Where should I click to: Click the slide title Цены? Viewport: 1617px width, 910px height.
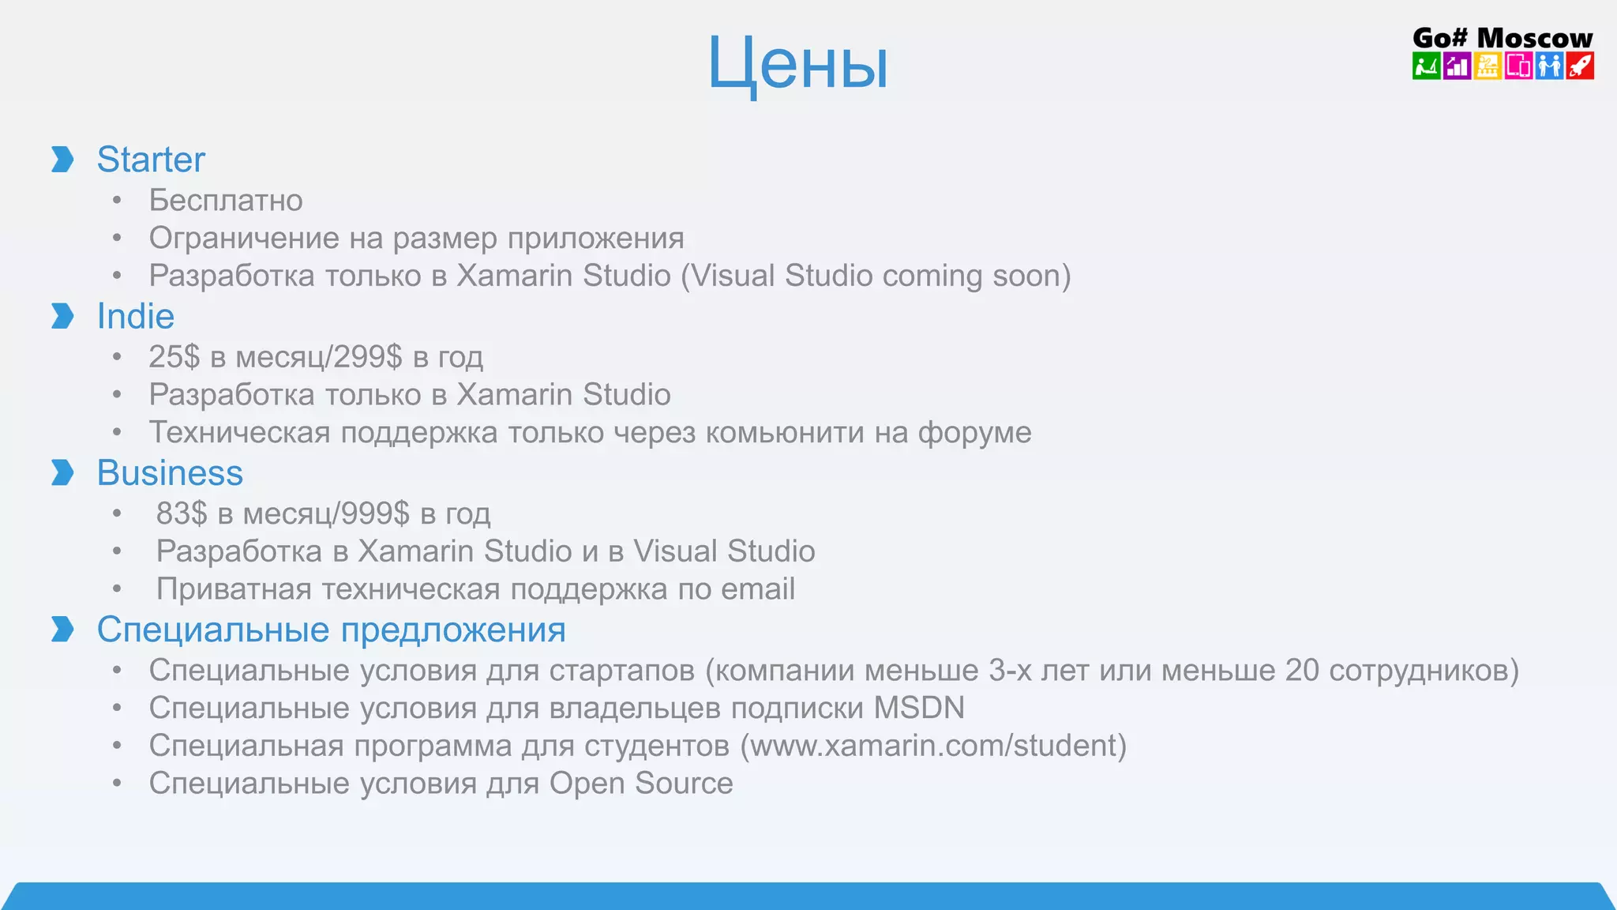(797, 63)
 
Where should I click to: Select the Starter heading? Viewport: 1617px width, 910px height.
(151, 160)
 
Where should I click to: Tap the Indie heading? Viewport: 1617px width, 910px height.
(135, 317)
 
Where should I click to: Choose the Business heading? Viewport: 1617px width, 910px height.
(170, 473)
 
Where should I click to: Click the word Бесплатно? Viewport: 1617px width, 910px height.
(226, 201)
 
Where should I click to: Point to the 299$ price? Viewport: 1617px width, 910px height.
(368, 357)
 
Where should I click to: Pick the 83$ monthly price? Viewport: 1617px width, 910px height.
(182, 513)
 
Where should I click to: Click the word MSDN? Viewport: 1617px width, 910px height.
(919, 708)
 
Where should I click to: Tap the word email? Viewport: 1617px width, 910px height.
(759, 589)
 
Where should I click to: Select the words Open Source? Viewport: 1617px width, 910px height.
(641, 784)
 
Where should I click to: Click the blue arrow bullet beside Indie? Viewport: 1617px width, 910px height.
(62, 316)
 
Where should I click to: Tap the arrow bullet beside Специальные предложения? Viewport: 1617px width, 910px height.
(62, 629)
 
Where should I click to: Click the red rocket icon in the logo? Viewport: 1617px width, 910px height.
(1580, 66)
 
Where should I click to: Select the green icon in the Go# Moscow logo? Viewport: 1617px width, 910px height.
(1426, 66)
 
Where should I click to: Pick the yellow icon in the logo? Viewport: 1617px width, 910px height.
(1488, 66)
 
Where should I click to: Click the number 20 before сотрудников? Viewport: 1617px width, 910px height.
(1302, 671)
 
